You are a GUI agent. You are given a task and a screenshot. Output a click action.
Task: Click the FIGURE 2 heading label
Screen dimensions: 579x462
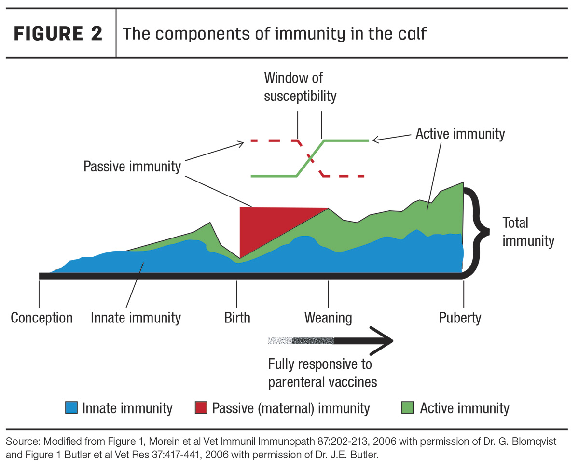point(58,33)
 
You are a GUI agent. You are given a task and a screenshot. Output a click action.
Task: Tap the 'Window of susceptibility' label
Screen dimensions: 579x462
point(300,87)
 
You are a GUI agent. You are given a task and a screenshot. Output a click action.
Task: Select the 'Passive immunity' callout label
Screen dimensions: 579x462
point(132,166)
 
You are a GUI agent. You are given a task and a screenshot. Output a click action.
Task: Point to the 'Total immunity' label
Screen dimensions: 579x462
point(528,232)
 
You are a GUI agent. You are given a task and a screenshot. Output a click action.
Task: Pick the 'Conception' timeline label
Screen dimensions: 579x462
point(41,318)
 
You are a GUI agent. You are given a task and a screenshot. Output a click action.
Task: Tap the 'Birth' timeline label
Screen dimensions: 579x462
point(237,318)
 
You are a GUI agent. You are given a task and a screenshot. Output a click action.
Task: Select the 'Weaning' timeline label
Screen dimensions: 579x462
point(328,318)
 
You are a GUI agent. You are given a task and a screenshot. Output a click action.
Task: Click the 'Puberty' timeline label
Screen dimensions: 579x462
point(460,318)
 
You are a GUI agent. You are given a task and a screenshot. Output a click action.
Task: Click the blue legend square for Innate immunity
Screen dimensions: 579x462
point(71,407)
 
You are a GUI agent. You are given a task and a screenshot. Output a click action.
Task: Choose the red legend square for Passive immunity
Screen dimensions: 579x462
point(201,407)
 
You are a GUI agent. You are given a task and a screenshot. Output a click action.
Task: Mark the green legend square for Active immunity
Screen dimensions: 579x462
point(407,407)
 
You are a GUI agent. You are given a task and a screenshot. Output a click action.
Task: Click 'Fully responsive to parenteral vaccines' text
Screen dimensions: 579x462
point(322,374)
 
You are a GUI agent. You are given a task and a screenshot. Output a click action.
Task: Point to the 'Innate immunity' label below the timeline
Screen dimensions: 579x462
point(136,318)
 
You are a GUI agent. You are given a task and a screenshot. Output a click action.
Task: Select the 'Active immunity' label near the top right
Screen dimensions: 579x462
point(460,134)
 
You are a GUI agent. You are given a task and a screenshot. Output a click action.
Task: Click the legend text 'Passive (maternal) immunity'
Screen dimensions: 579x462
point(291,408)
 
